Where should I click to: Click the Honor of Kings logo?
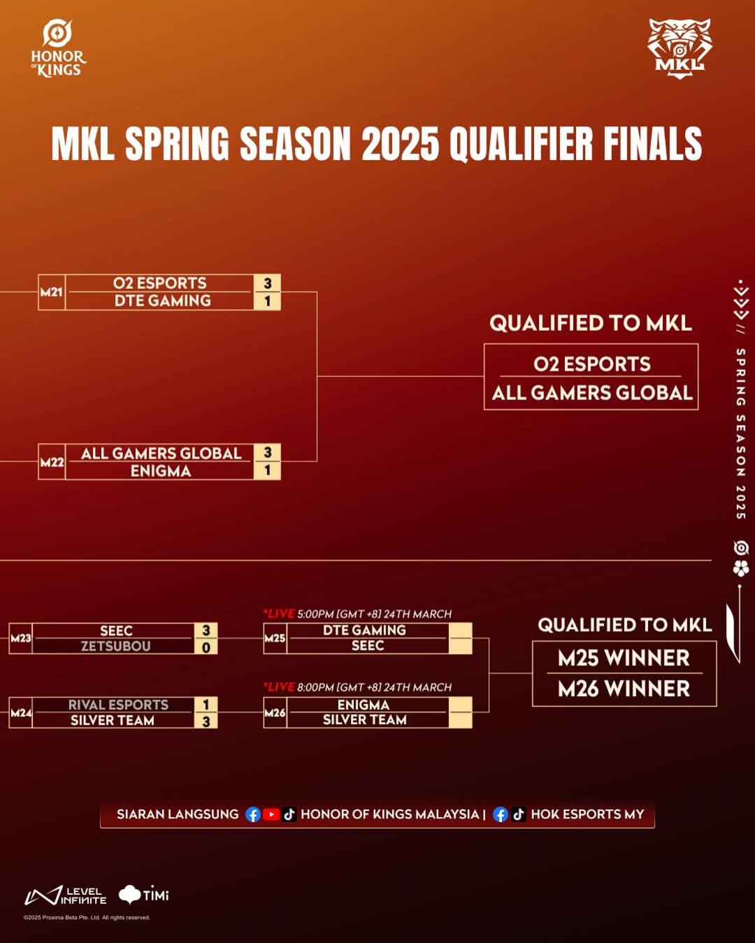click(58, 49)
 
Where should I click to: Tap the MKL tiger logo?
click(679, 49)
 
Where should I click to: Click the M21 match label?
click(51, 291)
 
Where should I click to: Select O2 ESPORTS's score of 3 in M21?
click(267, 284)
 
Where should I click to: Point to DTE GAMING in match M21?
click(163, 301)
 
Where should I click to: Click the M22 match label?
click(52, 462)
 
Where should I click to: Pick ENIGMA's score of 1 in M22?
click(267, 470)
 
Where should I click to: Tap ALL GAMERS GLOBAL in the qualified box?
click(592, 393)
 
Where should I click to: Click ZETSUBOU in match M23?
click(115, 646)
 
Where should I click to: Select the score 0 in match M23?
click(206, 647)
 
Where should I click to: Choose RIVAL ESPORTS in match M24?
click(118, 705)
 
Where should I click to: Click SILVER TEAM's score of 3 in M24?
click(206, 721)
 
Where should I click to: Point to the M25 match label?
click(275, 638)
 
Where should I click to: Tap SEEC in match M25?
click(368, 645)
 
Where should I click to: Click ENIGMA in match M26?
click(364, 705)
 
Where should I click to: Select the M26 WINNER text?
click(624, 689)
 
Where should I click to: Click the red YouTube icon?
click(271, 814)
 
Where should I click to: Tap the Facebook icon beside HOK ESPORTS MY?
click(500, 814)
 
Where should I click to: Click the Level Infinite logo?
click(65, 895)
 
